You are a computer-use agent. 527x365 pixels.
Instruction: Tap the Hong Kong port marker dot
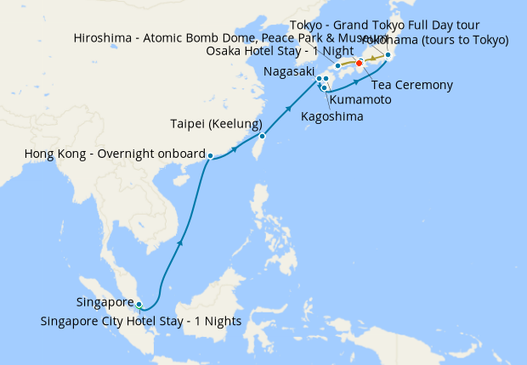[210, 155]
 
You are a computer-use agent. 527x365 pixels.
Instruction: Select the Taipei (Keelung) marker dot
[263, 136]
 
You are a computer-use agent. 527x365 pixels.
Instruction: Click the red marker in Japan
[359, 63]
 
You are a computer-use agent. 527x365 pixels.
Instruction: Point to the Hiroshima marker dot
[338, 65]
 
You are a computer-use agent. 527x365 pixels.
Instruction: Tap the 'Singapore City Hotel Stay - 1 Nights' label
[141, 321]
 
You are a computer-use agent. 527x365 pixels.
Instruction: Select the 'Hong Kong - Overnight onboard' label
[115, 154]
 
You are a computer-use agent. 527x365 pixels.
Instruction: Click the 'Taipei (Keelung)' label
[216, 124]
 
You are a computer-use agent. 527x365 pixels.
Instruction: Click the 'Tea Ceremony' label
[411, 85]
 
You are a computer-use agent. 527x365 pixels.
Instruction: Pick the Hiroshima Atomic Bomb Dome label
[216, 37]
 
